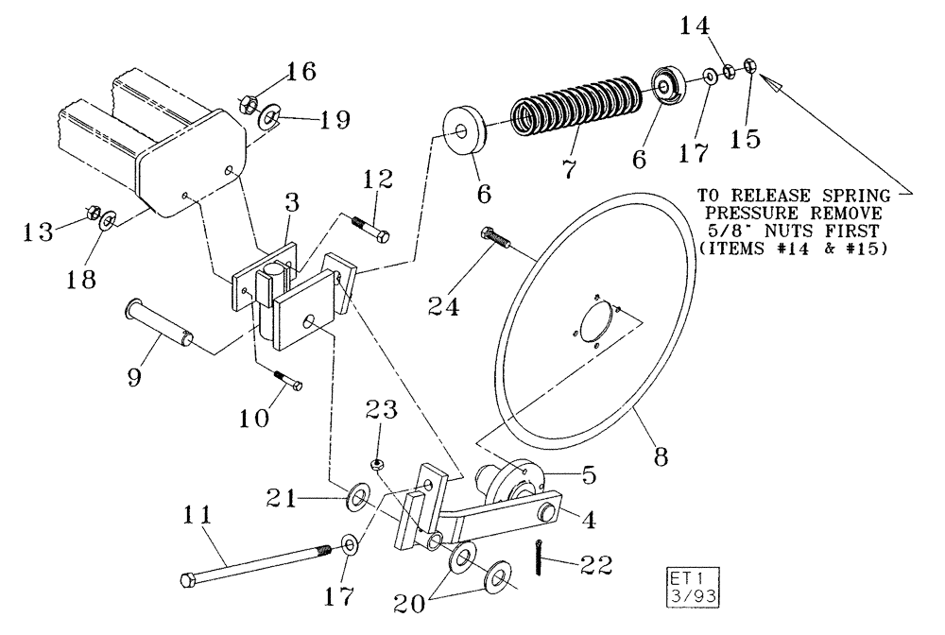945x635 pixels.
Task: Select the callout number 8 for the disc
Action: pos(660,456)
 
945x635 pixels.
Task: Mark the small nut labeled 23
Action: pos(375,464)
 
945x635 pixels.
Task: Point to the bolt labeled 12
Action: pos(370,229)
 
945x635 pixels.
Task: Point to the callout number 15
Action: pos(747,139)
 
